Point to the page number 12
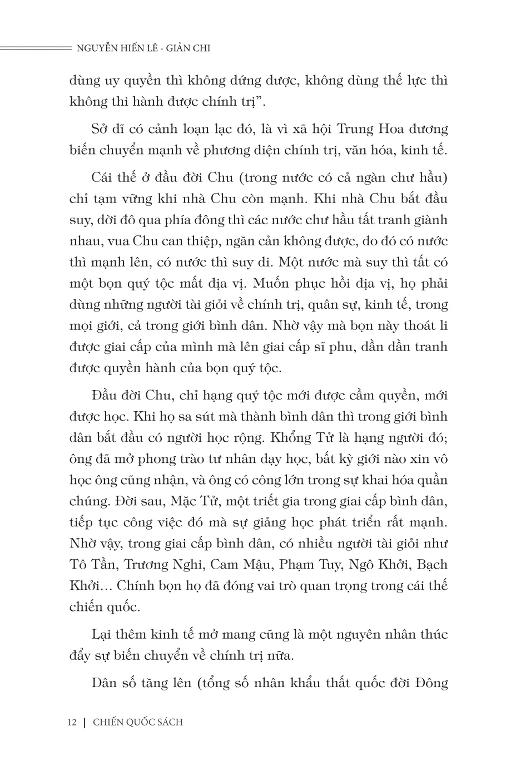(71, 722)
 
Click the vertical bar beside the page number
(84, 722)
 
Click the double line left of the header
(33, 48)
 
